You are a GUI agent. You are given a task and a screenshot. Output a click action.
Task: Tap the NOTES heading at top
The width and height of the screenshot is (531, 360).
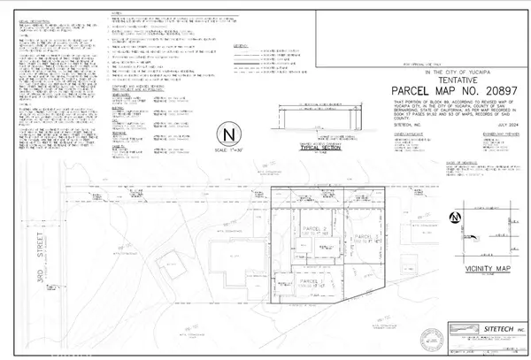(116, 12)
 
